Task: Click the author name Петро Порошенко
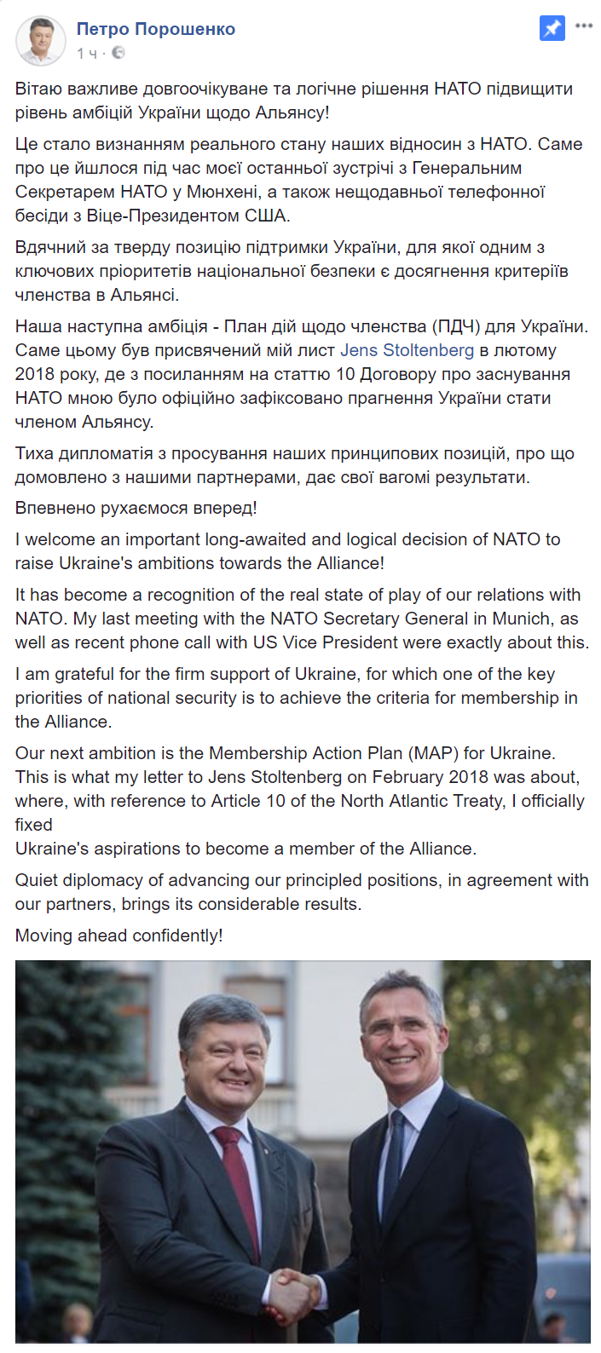point(155,29)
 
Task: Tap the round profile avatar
point(40,40)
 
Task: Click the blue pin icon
point(552,28)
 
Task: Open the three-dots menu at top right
point(584,26)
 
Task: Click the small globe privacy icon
point(118,53)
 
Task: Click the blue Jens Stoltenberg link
point(407,350)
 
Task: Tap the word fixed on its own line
point(34,825)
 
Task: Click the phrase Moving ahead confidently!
point(118,936)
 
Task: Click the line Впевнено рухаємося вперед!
point(136,509)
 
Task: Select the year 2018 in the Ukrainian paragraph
point(34,374)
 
